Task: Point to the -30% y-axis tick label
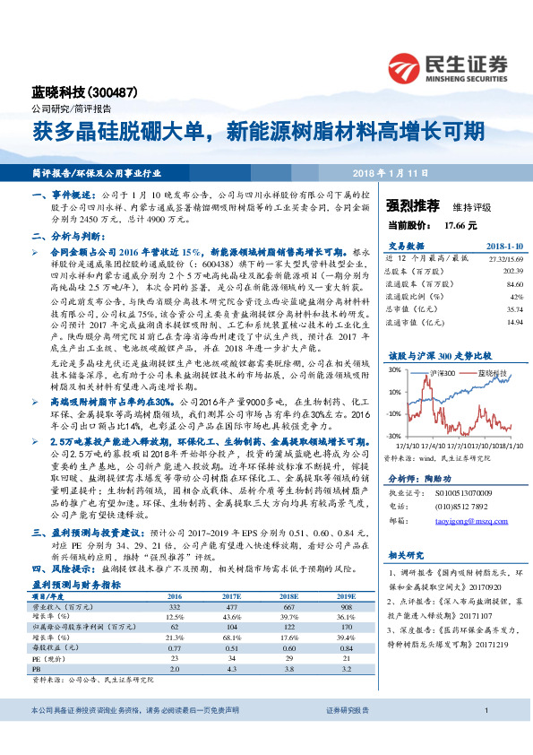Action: [x=392, y=436]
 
